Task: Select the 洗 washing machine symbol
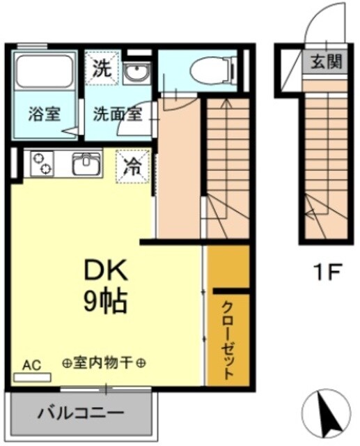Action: coord(102,68)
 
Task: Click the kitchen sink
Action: coord(86,164)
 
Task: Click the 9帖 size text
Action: coord(105,302)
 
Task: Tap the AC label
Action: coord(31,364)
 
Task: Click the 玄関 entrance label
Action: coord(325,61)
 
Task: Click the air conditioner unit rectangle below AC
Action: coord(32,377)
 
